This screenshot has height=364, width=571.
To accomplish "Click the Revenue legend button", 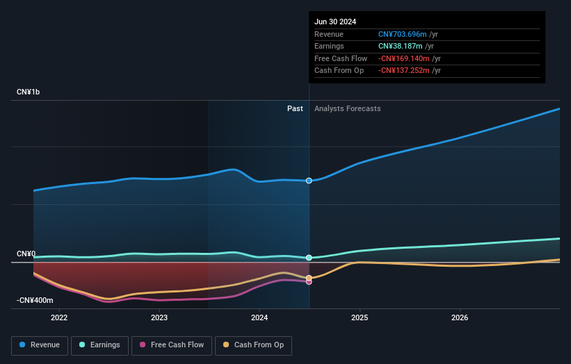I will [40, 345].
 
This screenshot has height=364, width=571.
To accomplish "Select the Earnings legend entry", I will [99, 345].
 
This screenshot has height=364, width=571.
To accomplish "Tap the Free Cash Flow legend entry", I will [172, 345].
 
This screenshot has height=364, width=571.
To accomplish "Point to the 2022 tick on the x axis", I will [59, 318].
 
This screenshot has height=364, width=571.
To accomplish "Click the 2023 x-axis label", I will [159, 318].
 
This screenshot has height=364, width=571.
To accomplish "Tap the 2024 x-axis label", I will [259, 318].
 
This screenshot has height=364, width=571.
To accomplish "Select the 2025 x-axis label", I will [360, 318].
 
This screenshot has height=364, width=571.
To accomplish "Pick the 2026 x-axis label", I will [460, 318].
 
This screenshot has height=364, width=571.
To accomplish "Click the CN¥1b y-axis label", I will [29, 92].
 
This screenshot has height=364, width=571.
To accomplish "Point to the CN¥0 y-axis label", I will [26, 254].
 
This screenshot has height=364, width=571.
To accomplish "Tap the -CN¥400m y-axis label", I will [35, 300].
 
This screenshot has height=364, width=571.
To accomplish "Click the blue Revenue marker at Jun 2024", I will [309, 181].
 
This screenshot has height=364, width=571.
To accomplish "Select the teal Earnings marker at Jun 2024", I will [309, 258].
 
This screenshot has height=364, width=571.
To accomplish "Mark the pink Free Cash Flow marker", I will [309, 281].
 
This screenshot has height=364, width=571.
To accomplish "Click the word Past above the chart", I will [295, 108].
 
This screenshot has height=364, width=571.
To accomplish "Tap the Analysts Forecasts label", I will [347, 108].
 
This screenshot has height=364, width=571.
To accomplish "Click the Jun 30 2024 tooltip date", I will [335, 22].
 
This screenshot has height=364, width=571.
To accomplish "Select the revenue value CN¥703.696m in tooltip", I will [402, 34].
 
